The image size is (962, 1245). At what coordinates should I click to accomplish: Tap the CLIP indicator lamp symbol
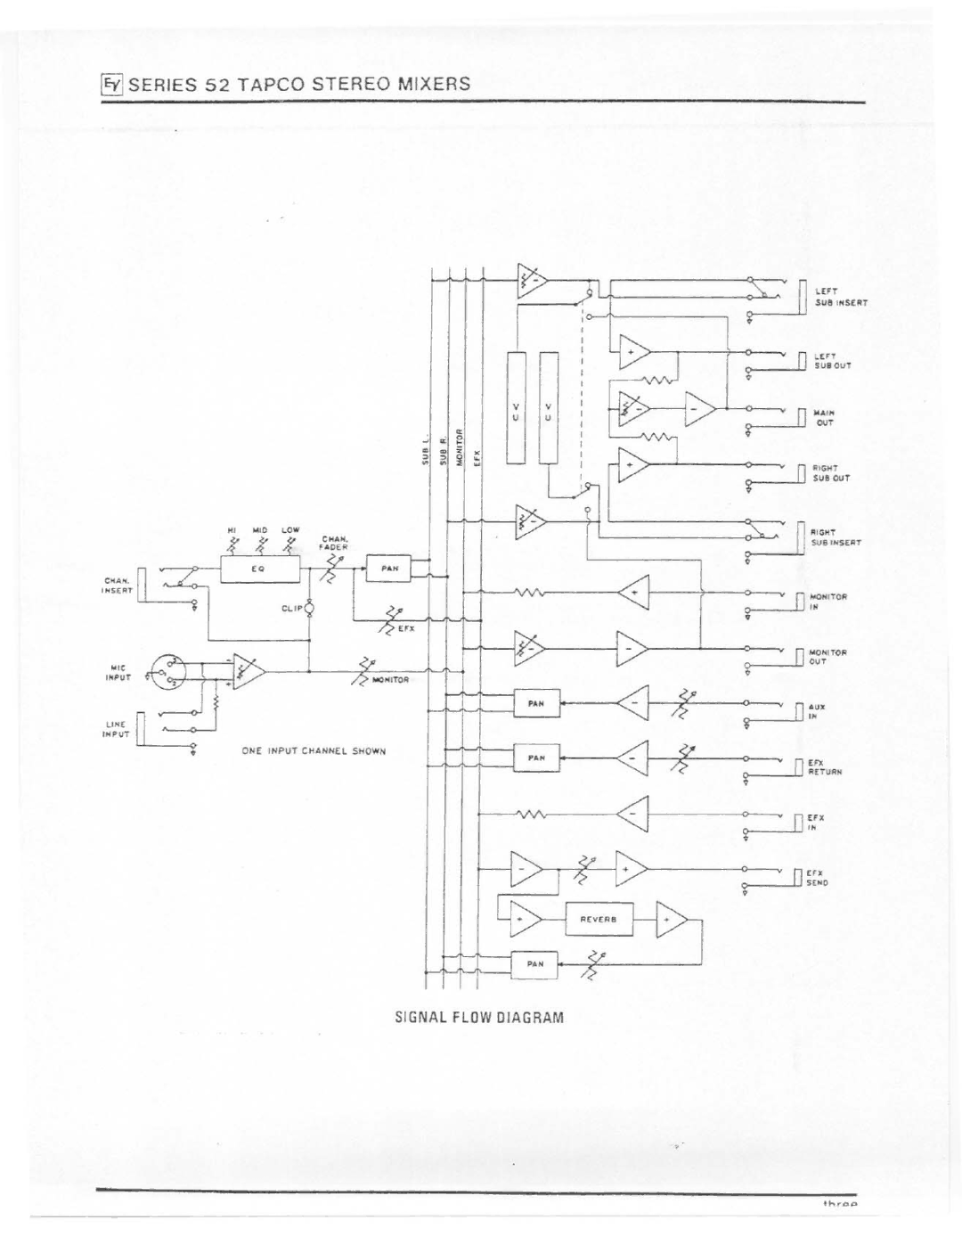(x=309, y=610)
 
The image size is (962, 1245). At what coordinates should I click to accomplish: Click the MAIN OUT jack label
(x=823, y=418)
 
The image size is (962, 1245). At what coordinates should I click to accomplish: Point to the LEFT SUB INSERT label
(x=838, y=297)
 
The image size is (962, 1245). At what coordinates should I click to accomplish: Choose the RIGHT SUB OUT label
(x=830, y=472)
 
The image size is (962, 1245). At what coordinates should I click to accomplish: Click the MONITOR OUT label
(x=828, y=657)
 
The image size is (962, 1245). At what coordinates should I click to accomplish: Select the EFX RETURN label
(x=825, y=768)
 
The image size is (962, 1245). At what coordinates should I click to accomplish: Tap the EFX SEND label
(x=818, y=878)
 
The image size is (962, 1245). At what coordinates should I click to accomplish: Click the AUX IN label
(x=817, y=711)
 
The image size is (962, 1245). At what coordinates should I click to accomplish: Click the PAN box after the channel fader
(x=388, y=568)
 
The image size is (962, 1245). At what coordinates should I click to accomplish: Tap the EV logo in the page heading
(x=110, y=85)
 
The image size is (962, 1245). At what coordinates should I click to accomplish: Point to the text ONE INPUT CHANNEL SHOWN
(x=314, y=751)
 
